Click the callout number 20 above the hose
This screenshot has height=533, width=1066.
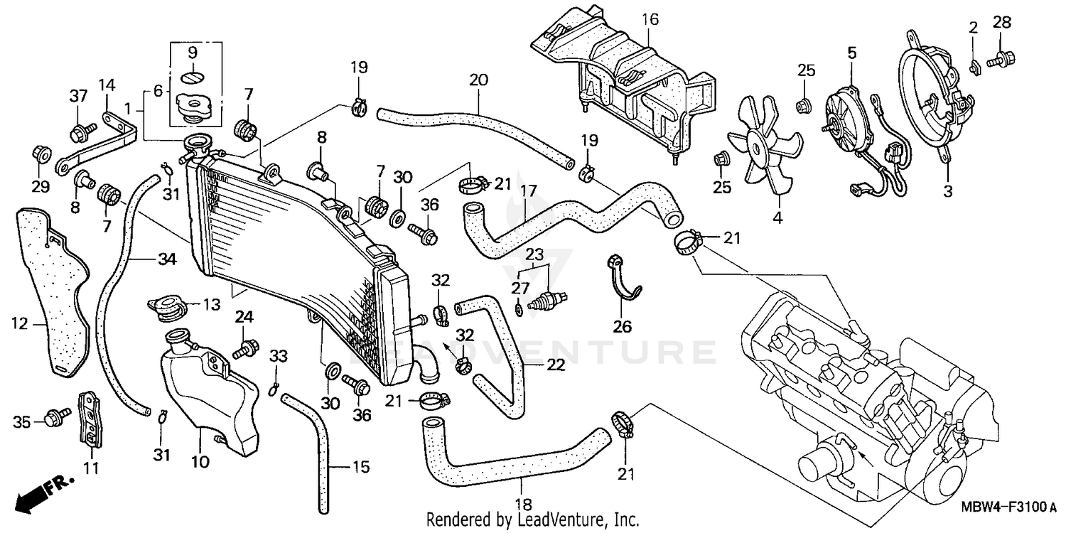click(479, 80)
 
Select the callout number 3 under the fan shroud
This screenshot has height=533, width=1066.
click(949, 190)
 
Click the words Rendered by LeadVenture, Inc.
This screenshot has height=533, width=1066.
click(533, 519)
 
